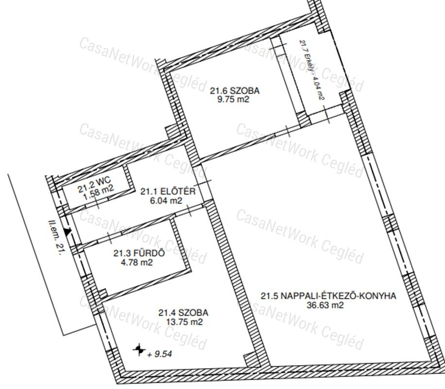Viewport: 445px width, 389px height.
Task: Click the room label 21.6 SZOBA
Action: click(235, 90)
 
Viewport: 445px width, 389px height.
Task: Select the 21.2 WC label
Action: click(94, 185)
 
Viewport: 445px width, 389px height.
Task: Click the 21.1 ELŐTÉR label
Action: click(168, 191)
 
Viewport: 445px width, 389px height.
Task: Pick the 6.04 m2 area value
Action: click(166, 201)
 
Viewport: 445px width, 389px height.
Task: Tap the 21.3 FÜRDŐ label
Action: click(139, 253)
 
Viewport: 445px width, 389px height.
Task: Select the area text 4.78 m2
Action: click(137, 262)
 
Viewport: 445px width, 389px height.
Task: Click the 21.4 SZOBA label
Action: click(183, 313)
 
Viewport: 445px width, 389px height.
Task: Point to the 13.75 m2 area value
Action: click(185, 322)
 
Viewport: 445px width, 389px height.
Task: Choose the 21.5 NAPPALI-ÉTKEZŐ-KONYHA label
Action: click(328, 296)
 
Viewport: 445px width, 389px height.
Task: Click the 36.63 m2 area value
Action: click(325, 305)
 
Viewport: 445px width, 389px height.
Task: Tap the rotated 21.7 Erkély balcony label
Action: click(311, 70)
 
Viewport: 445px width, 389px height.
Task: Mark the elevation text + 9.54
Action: click(160, 354)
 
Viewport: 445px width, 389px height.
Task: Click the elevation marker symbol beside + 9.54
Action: click(139, 350)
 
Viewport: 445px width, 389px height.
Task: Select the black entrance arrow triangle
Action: click(67, 231)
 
